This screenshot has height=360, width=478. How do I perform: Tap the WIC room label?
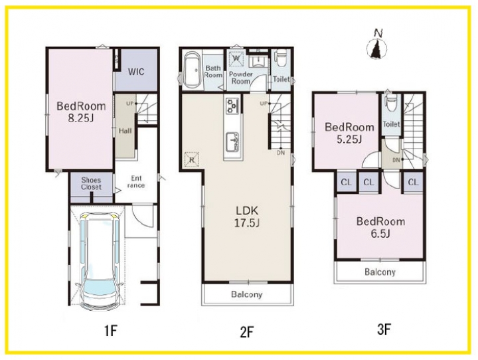coord(136,72)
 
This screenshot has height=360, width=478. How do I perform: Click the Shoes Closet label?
coord(91,183)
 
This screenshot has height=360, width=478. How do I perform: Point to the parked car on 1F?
coord(100,259)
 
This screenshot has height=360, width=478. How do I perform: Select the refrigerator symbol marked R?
coord(192,159)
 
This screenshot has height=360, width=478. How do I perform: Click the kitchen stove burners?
coord(232,105)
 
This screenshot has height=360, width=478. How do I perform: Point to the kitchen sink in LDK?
coord(232,141)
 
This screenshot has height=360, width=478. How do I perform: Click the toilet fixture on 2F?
coord(280,60)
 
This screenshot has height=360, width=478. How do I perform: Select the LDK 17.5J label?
coord(247,217)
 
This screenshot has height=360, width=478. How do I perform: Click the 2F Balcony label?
coord(246,294)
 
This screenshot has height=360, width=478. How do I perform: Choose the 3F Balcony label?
coord(380,272)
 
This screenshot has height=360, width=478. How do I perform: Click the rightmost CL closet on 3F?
coord(413,183)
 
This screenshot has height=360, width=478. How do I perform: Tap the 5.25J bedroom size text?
coord(349,139)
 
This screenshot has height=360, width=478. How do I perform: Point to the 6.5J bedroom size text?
coord(381,234)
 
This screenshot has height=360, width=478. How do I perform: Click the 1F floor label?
coord(111,330)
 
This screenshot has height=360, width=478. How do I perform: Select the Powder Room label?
coord(241,78)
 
